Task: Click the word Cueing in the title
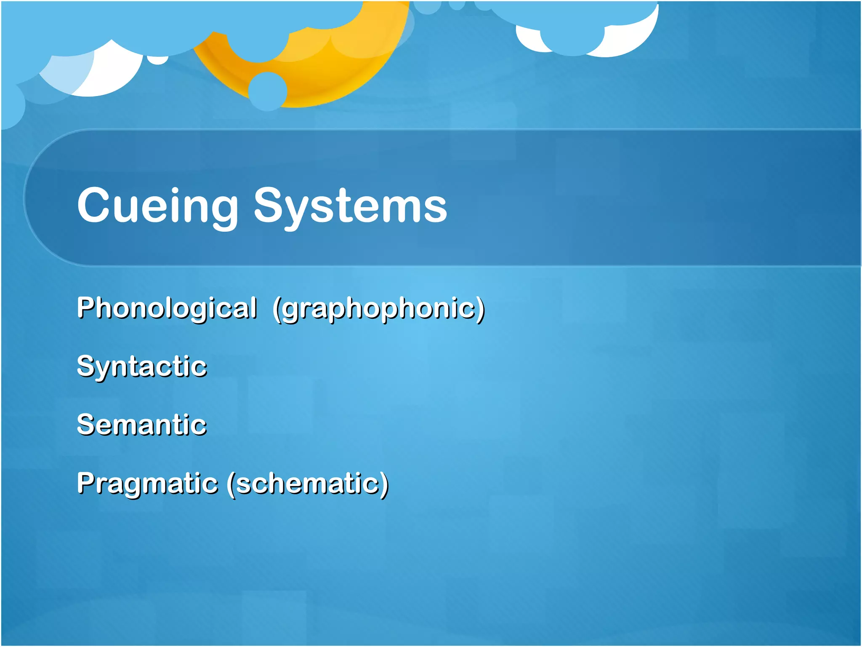pos(158,206)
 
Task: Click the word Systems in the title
pos(350,206)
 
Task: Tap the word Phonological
pos(167,308)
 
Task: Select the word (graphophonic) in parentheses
pos(379,309)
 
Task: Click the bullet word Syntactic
pos(142,366)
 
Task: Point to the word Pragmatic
pos(147,484)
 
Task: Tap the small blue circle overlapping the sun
pos(268,91)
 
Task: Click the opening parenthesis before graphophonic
pos(277,309)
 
